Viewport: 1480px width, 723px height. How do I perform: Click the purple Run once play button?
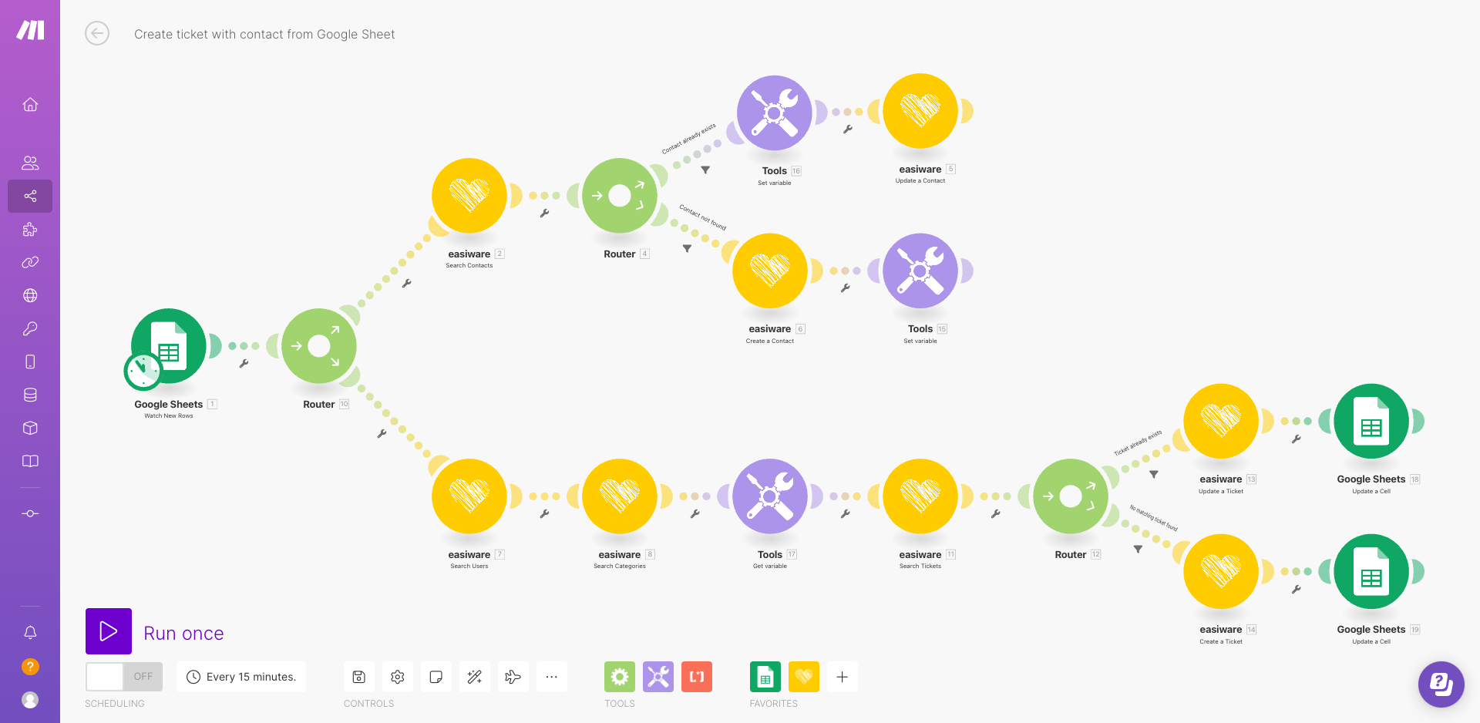tap(109, 631)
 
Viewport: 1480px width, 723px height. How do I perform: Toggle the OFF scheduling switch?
tap(124, 677)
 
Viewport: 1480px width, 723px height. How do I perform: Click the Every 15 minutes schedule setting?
tap(241, 677)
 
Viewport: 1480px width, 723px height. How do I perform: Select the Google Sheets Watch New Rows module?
tap(169, 346)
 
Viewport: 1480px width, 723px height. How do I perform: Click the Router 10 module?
tap(319, 346)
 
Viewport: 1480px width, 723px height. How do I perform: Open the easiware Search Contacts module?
tap(469, 196)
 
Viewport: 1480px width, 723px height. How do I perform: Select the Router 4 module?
tap(620, 196)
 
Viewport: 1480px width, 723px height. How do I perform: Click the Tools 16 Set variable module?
tap(774, 113)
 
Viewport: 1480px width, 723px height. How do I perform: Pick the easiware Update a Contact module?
tap(920, 111)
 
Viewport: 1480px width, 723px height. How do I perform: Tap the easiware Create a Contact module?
tap(770, 271)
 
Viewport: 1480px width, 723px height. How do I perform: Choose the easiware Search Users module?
tap(469, 496)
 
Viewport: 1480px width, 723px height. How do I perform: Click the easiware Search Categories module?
tap(620, 496)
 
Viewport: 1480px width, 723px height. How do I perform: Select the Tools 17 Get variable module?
tap(770, 496)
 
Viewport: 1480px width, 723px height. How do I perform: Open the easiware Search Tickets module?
tap(920, 496)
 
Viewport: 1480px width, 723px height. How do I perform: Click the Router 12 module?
tap(1071, 496)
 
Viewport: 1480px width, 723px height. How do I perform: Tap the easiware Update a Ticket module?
tap(1221, 421)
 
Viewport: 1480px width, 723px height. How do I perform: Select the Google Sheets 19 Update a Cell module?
tap(1371, 571)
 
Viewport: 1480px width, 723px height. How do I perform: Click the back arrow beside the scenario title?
tap(97, 34)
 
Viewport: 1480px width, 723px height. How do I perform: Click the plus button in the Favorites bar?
tap(843, 677)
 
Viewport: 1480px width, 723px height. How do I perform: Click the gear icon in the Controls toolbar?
tap(398, 677)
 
